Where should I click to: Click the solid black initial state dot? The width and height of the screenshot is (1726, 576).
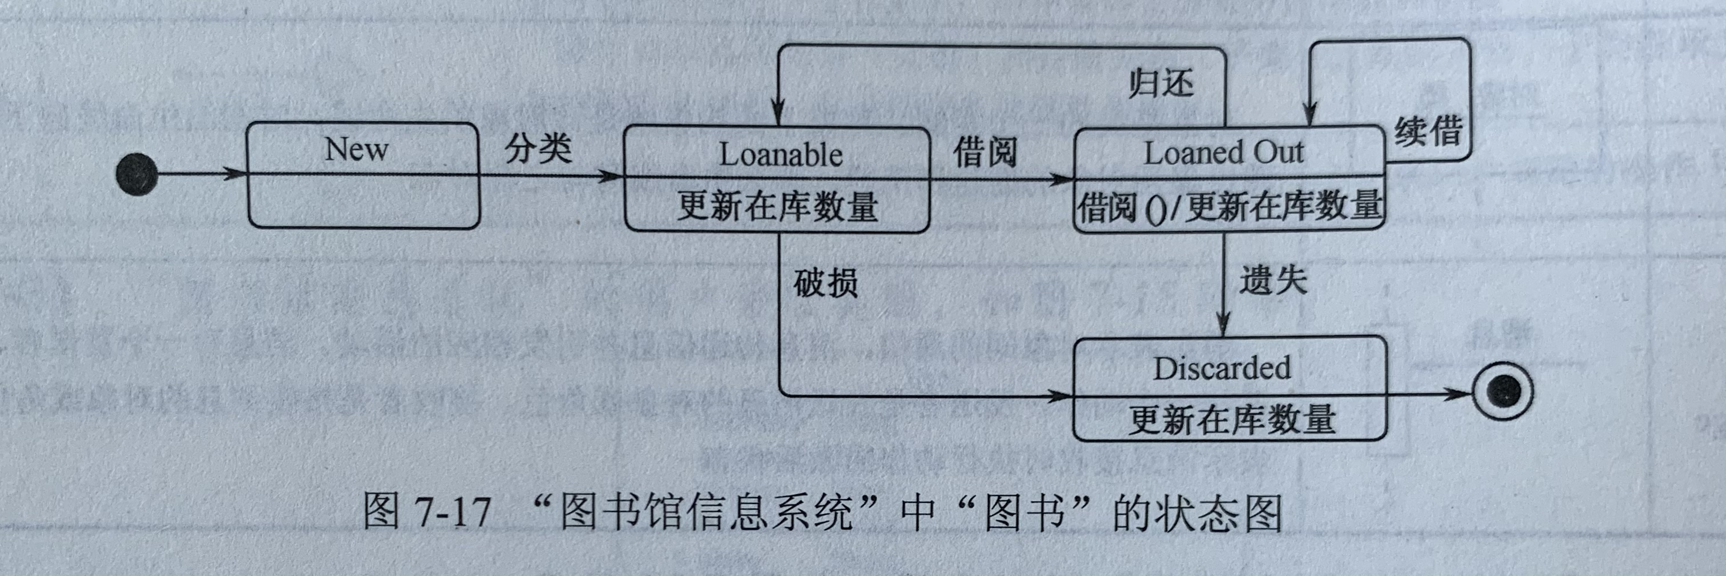point(136,174)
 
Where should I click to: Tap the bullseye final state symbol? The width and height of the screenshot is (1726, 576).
point(1503,391)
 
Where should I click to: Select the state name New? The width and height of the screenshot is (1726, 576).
point(357,149)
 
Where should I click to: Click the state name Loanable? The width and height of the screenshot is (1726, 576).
point(781,155)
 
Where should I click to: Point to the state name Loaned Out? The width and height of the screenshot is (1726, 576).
point(1224,153)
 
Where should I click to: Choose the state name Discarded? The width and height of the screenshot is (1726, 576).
point(1222,368)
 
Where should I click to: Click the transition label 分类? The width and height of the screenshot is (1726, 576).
point(538,148)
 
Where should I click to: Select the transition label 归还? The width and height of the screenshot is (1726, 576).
point(1161,84)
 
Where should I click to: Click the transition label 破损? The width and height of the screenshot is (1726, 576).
point(825,282)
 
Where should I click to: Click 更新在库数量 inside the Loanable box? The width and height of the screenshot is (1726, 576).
point(777,206)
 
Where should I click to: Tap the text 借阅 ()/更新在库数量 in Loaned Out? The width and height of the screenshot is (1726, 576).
point(1229,205)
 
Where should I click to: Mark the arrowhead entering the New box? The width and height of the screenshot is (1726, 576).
point(236,174)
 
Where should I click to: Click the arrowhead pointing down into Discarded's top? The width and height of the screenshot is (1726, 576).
point(1224,326)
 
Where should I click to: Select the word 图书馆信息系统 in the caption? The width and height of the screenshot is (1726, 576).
point(706,513)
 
